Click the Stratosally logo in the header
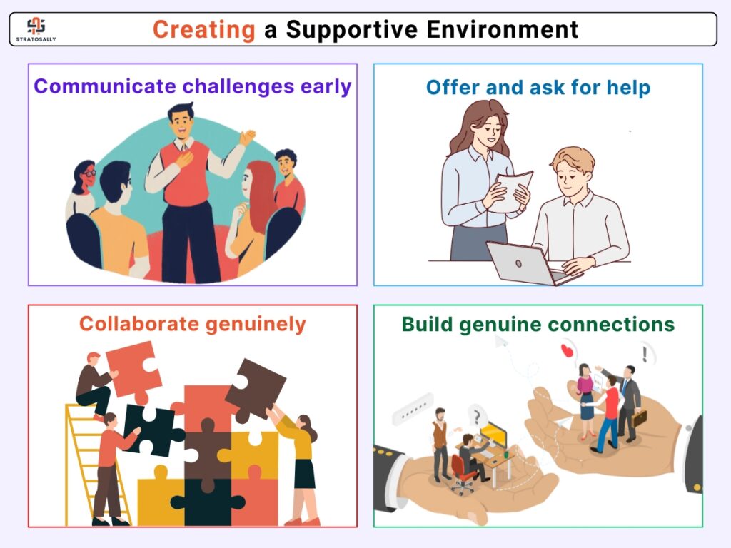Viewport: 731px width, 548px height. pos(36,29)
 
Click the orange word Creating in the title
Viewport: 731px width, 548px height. pos(203,30)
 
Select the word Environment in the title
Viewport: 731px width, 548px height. pos(502,29)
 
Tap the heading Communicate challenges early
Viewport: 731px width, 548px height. pos(193,86)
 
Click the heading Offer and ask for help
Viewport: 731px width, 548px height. pos(538,88)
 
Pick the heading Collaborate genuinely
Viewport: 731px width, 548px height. pos(193,324)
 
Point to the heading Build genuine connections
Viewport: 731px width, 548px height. pos(538,325)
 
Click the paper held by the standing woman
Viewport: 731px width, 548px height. pos(510,191)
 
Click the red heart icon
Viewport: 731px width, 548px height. pos(566,350)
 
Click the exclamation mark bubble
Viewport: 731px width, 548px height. pos(645,354)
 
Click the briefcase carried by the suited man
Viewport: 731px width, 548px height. pos(639,417)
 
